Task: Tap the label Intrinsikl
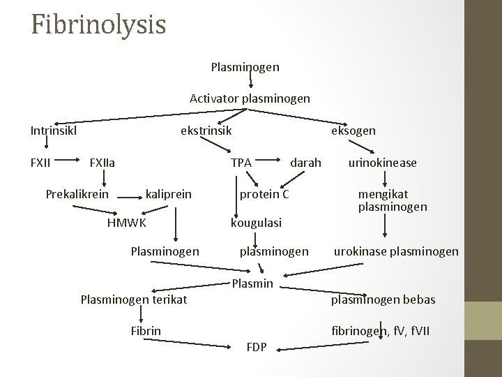point(54,130)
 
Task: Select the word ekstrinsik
point(206,130)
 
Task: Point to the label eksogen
point(353,131)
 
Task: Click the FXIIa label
point(102,163)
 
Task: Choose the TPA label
point(241,163)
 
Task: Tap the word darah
point(305,163)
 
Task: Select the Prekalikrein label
point(77,193)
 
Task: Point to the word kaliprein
point(169,193)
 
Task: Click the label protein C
point(264,193)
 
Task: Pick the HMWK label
point(126,223)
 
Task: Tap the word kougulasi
point(256,223)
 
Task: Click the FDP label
point(257,347)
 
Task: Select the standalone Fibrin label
point(146,330)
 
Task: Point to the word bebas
point(418,300)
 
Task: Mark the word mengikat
point(383,193)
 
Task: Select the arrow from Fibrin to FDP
point(202,342)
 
